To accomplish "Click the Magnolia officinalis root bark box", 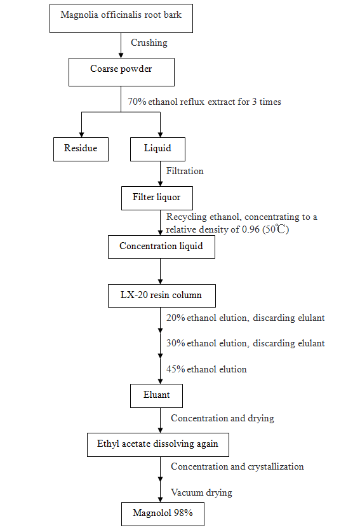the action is point(121,18).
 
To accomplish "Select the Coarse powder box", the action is point(121,72).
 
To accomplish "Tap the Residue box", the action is point(81,149).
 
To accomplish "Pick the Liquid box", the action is point(157,149).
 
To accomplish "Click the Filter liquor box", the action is point(157,198).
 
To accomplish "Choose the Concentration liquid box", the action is point(161,247).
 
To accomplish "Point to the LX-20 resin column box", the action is point(162,296).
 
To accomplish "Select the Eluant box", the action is point(156,396).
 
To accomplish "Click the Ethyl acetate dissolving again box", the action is point(158,445).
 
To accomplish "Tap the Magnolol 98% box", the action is point(163,514).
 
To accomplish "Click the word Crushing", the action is point(149,43).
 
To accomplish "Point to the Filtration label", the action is point(185,171).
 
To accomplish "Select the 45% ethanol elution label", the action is point(206,369).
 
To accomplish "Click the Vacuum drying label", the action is point(201,493).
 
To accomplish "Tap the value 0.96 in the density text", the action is point(251,229).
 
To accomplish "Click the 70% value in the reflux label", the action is point(137,102).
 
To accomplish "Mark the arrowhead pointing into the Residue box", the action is point(81,135).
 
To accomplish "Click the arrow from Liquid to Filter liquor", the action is point(161,173).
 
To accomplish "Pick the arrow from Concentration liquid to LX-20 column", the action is point(161,271).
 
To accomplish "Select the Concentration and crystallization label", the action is point(237,467).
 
